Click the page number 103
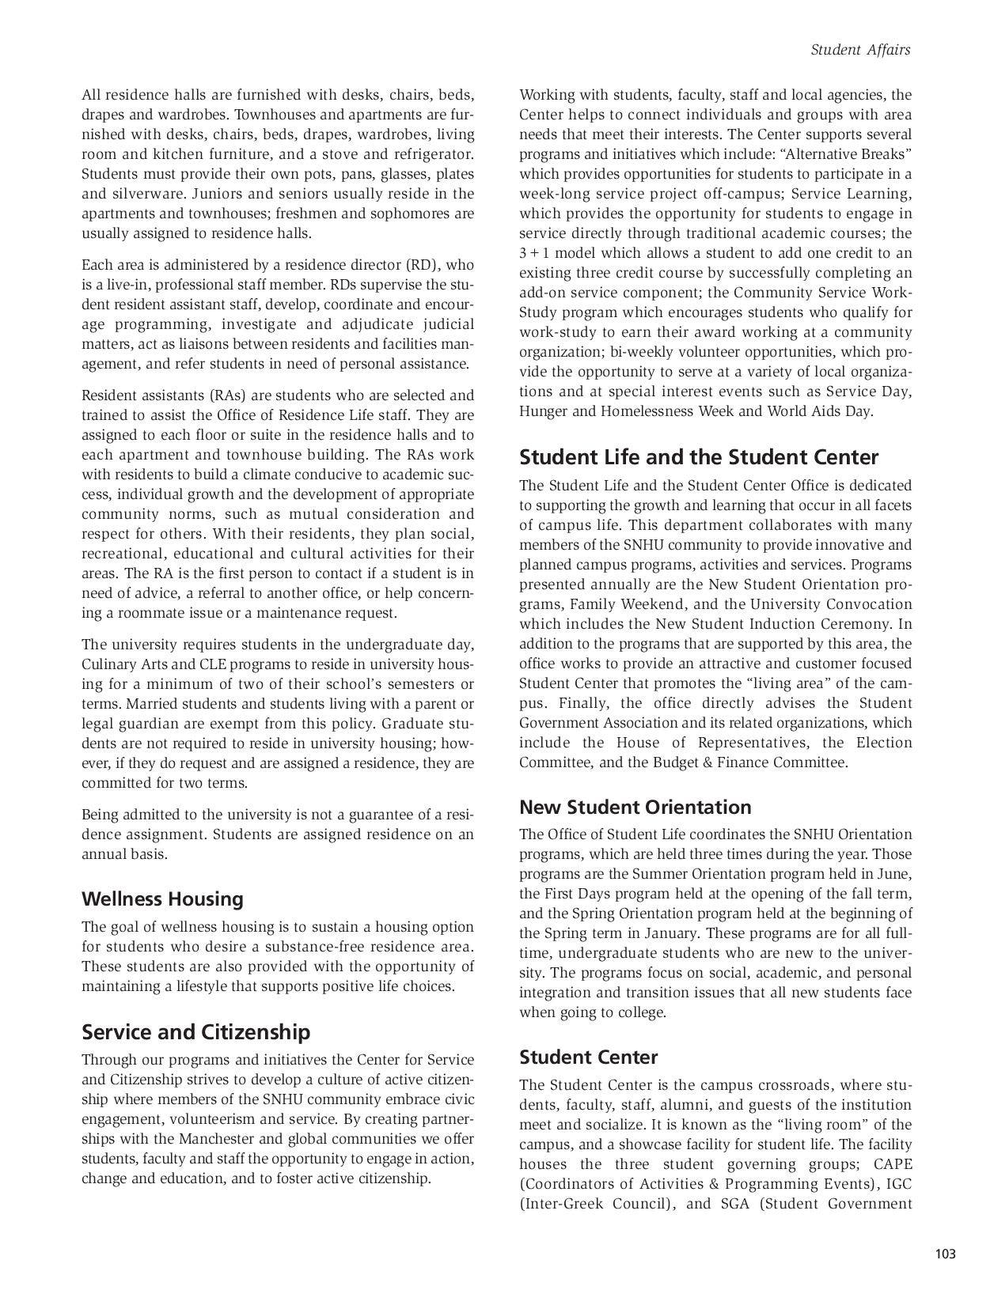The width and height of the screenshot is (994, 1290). point(945,1254)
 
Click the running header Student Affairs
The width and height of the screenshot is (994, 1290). point(860,50)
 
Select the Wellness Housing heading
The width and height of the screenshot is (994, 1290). point(162,899)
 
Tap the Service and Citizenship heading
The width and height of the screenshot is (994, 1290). point(195,1032)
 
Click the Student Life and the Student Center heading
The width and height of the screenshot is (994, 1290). point(698,458)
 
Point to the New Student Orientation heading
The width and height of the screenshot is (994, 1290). point(635,808)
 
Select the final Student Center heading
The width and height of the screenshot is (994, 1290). point(588,1057)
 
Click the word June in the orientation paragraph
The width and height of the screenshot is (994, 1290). point(896,874)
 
